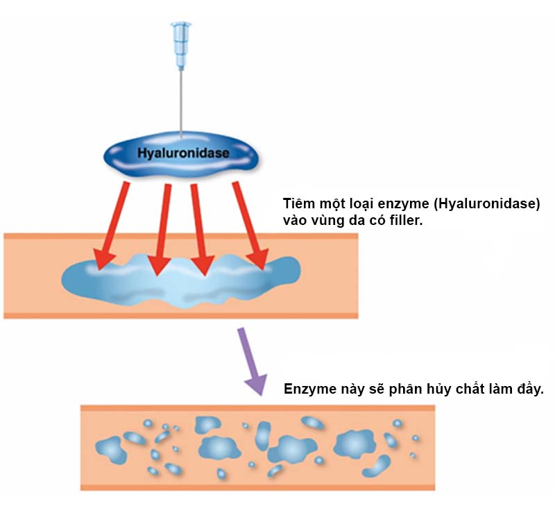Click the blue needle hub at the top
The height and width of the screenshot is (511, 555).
click(x=181, y=45)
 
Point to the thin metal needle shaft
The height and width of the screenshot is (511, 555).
click(x=181, y=104)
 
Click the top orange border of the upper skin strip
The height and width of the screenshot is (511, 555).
click(x=180, y=236)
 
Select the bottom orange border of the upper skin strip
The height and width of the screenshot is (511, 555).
click(x=180, y=315)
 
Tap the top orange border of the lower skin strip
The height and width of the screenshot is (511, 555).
click(x=257, y=408)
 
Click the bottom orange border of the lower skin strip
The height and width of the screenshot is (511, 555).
click(x=257, y=487)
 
